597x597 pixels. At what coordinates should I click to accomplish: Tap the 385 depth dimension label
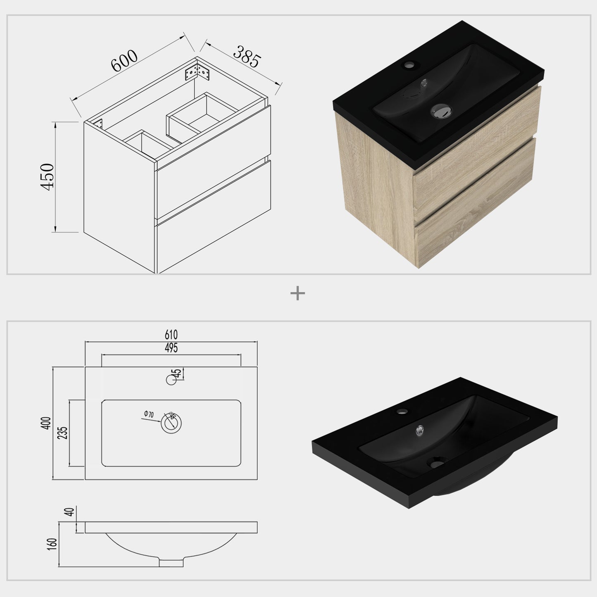(x=247, y=57)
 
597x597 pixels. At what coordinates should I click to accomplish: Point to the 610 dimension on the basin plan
(x=171, y=334)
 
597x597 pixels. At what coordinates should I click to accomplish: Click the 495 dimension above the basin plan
(x=171, y=348)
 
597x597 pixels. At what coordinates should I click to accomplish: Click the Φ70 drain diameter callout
(x=149, y=414)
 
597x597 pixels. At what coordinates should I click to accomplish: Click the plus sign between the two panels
(x=297, y=294)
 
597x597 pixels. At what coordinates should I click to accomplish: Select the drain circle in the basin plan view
(x=171, y=423)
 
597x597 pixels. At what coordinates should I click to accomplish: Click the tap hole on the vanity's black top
(x=410, y=65)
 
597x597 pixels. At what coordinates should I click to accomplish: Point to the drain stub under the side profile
(x=171, y=563)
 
